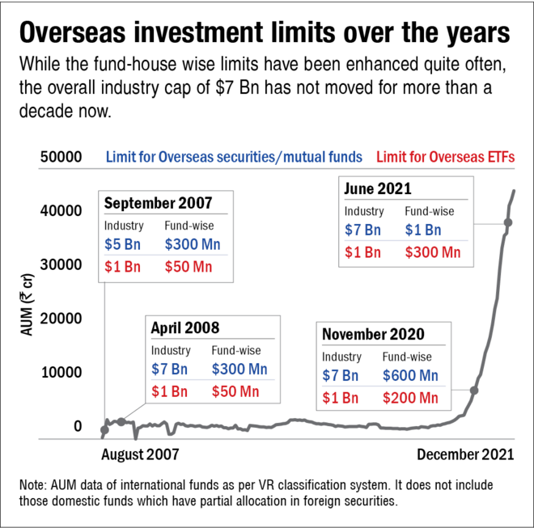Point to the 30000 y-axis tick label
click(61, 264)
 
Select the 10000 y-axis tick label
click(61, 373)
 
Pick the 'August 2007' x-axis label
click(138, 454)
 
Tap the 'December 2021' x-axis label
click(465, 454)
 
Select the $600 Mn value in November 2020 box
click(410, 376)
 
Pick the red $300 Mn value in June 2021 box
click(433, 252)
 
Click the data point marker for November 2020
click(474, 391)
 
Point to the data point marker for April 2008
click(121, 421)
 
